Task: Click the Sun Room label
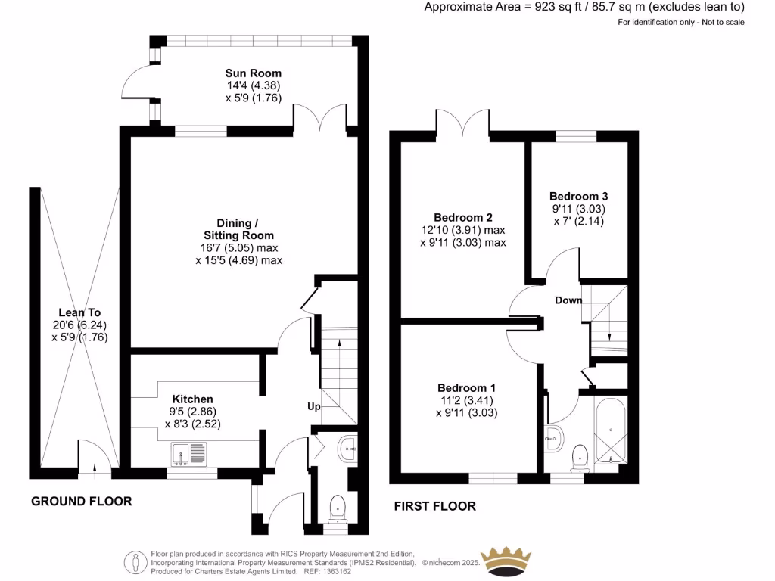(x=253, y=73)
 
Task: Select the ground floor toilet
(x=337, y=507)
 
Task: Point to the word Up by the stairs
(x=314, y=407)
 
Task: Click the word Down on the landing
(x=568, y=300)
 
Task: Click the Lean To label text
(x=79, y=312)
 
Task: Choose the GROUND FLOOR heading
(x=81, y=501)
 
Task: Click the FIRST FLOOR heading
(x=435, y=506)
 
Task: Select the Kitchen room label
(x=192, y=399)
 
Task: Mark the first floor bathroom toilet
(x=580, y=455)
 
